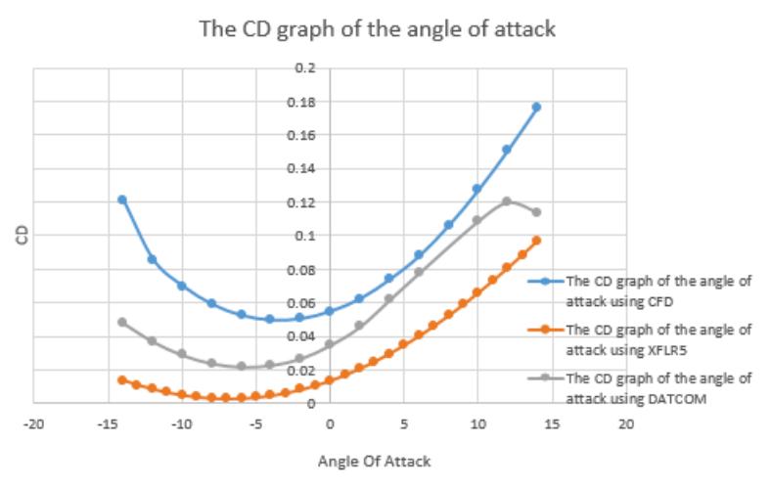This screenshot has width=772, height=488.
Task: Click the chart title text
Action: [x=378, y=28]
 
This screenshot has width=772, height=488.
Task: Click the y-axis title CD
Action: [x=21, y=235]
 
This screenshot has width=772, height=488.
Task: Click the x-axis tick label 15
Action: [x=552, y=424]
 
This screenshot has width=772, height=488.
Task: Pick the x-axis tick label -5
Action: [x=254, y=424]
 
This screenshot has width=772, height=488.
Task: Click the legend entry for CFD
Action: [x=658, y=288]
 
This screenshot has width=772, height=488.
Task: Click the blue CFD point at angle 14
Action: [x=536, y=107]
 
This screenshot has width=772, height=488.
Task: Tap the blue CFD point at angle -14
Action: [x=122, y=200]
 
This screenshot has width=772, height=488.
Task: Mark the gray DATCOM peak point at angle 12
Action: [x=507, y=201]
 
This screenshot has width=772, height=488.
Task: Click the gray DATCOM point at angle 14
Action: [x=536, y=212]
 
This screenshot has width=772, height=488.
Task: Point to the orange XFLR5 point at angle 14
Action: [x=536, y=240]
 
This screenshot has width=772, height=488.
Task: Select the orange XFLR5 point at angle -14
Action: [x=122, y=379]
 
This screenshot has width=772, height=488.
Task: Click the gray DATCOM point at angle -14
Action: [x=122, y=322]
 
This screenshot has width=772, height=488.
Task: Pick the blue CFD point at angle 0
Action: [x=330, y=311]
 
